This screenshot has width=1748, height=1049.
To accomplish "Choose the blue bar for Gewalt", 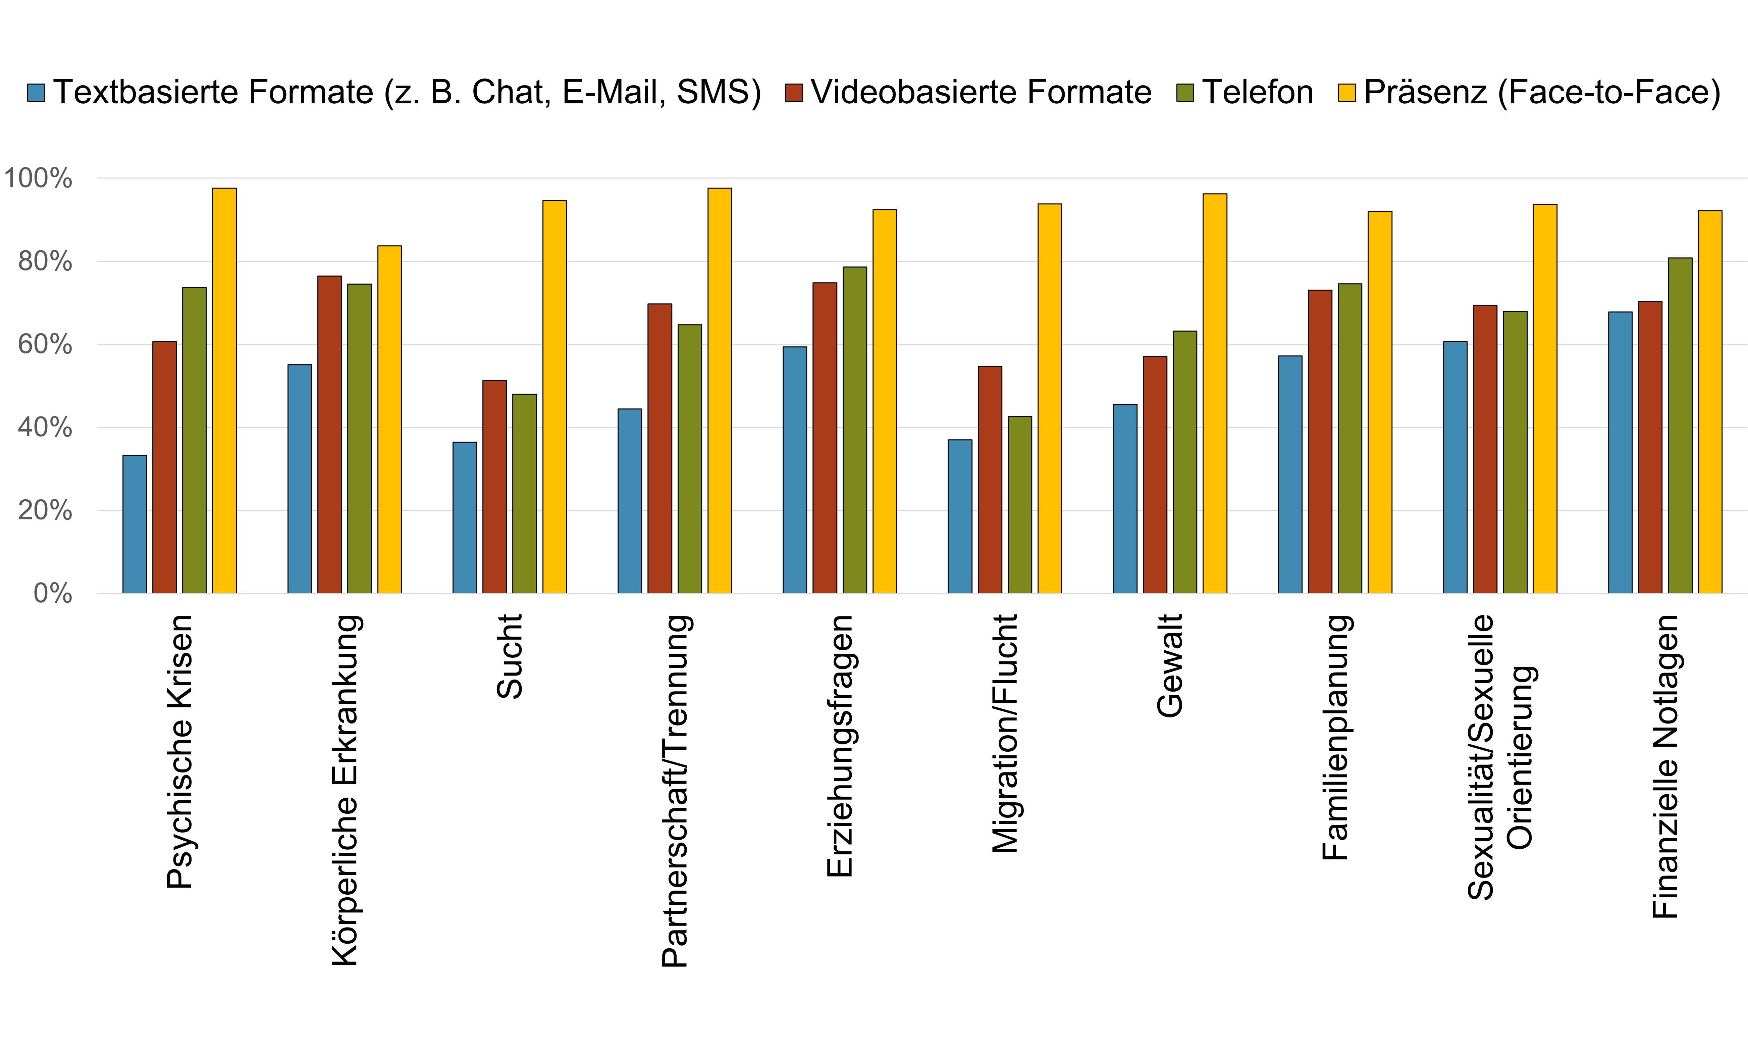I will (1125, 498).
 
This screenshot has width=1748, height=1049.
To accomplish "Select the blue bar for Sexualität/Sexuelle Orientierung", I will (1455, 466).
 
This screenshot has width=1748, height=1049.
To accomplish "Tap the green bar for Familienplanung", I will (1349, 438).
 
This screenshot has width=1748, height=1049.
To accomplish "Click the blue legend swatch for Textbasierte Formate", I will (36, 93).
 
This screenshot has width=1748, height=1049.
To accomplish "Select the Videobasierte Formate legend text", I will (981, 93).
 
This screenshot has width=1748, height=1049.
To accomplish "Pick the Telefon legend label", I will (1258, 93).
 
